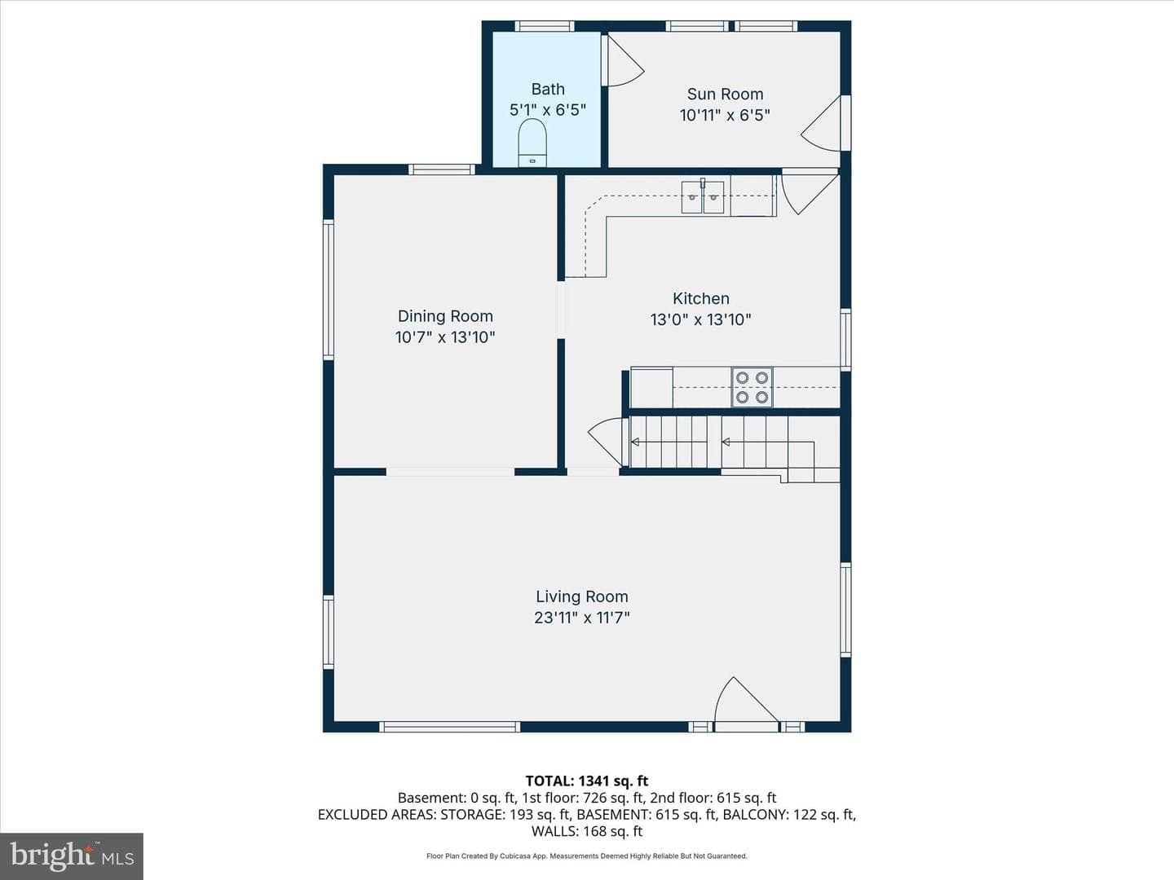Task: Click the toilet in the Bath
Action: pos(532,143)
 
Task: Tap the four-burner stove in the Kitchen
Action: pos(752,387)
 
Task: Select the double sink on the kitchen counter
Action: pos(702,197)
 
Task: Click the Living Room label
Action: pos(582,596)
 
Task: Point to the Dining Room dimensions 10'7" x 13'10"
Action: pos(445,337)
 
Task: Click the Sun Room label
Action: pos(725,94)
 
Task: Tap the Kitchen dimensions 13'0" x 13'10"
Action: pos(700,319)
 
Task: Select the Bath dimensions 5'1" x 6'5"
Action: pos(548,110)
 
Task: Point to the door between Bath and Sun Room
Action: pos(623,60)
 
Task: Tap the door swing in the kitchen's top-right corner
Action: pos(810,191)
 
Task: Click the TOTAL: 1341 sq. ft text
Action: pos(587,781)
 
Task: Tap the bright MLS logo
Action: pos(72,856)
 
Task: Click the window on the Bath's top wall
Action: pos(545,26)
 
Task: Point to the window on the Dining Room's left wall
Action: pos(329,289)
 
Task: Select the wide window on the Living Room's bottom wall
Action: pos(449,727)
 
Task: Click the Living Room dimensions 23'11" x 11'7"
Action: pos(582,618)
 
